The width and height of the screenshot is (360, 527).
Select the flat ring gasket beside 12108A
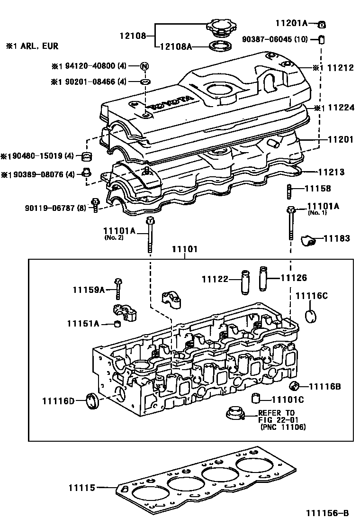221,46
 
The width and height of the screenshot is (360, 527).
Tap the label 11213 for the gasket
331,172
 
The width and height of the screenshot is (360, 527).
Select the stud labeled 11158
289,193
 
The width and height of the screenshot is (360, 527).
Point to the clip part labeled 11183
309,242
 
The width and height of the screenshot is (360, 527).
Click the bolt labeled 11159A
117,288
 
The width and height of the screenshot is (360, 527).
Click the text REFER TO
276,413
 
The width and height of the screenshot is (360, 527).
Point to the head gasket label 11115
81,487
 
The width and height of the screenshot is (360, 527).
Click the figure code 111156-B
327,513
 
